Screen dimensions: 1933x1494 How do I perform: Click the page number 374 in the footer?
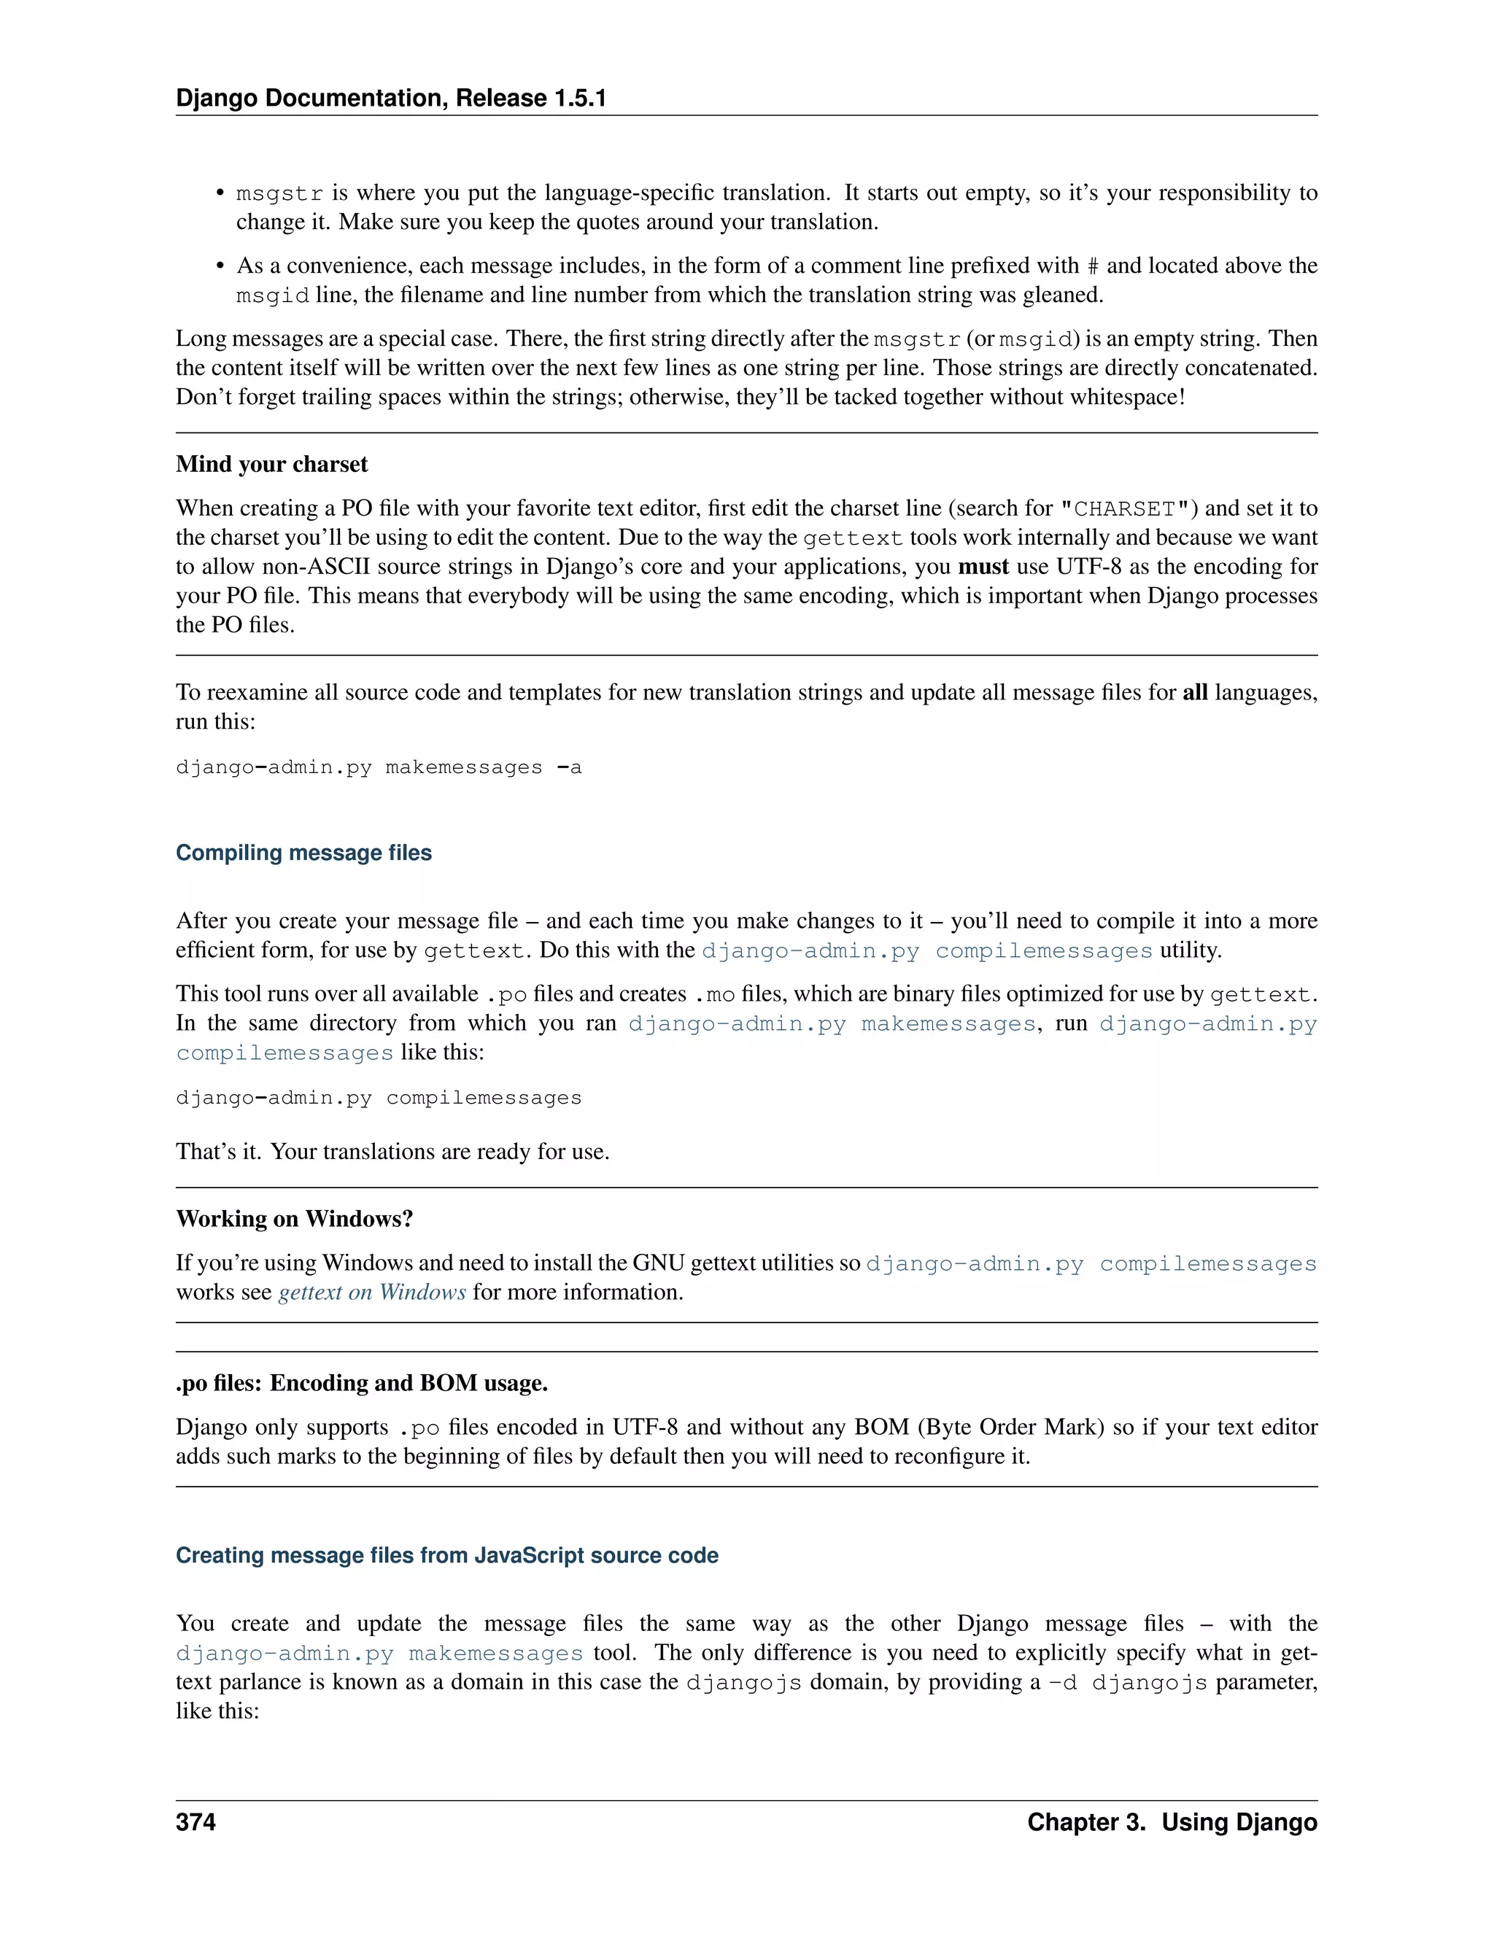pyautogui.click(x=196, y=1821)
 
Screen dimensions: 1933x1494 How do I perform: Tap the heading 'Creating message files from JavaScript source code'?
pyautogui.click(x=447, y=1555)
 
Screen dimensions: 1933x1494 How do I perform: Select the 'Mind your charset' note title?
pyautogui.click(x=271, y=464)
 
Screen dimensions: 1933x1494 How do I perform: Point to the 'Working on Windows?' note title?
pyautogui.click(x=295, y=1219)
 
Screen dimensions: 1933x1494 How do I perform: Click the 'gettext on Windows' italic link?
pyautogui.click(x=372, y=1293)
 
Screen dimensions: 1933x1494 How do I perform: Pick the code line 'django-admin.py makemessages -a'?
pyautogui.click(x=379, y=767)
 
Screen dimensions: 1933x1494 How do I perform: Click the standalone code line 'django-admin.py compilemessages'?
pyautogui.click(x=379, y=1098)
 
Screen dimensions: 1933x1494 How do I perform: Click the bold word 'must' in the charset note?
pyautogui.click(x=983, y=567)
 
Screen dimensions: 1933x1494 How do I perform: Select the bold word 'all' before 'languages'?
pyautogui.click(x=1195, y=692)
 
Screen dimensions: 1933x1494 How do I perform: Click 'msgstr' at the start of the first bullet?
pyautogui.click(x=279, y=194)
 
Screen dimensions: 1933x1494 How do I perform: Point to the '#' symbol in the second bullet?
pyautogui.click(x=1093, y=266)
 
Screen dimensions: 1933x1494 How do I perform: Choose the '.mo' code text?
pyautogui.click(x=715, y=995)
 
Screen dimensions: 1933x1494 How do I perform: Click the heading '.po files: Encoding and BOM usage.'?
pyautogui.click(x=362, y=1382)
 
